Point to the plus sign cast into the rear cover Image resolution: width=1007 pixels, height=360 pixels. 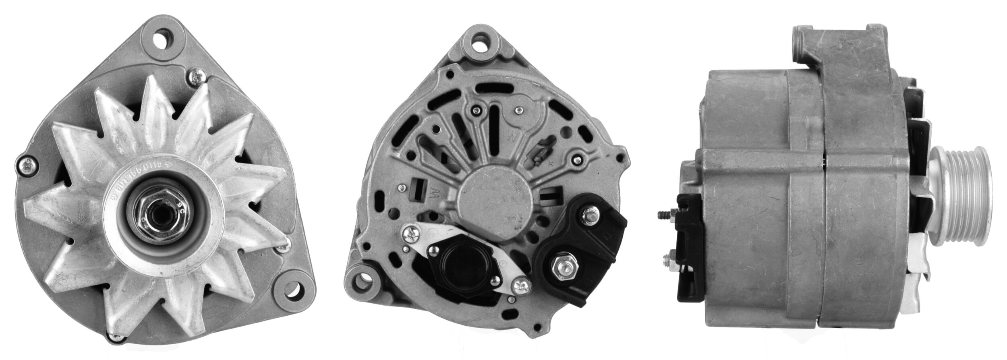pyautogui.click(x=550, y=164)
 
